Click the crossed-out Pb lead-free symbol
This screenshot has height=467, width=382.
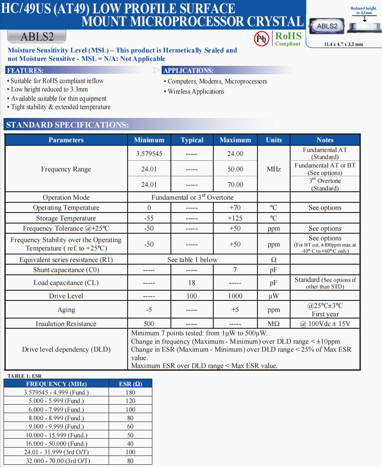261,39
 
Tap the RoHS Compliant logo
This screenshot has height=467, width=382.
288,39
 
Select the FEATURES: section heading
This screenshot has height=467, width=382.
25,71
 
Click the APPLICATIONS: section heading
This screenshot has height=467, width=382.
188,71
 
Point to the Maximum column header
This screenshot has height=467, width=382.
235,140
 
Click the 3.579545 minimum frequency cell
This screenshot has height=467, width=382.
149,154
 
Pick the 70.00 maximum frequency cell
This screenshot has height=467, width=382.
235,184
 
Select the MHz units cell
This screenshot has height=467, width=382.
274,169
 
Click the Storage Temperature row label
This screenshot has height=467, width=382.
66,218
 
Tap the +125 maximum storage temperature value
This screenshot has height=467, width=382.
235,218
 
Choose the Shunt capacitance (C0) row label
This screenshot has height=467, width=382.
66,270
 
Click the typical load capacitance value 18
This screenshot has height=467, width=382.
192,283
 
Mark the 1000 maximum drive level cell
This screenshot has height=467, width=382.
235,296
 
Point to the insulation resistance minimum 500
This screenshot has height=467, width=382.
149,324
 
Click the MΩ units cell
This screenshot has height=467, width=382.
274,324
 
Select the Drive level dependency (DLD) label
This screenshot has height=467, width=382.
66,349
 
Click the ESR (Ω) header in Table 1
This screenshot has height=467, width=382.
130,384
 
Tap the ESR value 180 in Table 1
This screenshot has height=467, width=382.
130,392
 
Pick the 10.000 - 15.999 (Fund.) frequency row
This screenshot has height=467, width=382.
56,435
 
